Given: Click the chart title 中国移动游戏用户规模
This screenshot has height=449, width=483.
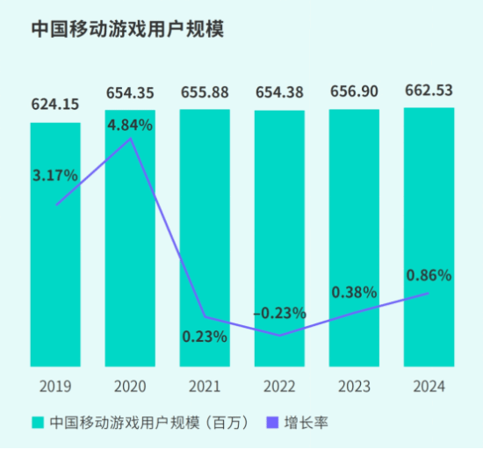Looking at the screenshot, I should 127,29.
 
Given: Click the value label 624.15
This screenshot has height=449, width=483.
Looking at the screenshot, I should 55,105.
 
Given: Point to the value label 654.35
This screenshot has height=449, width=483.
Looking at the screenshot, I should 130,92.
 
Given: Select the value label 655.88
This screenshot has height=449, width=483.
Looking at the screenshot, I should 205,92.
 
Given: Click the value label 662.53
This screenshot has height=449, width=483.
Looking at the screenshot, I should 429,91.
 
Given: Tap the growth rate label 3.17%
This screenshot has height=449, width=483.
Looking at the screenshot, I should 55,176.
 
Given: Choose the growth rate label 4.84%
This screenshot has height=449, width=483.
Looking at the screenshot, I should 130,125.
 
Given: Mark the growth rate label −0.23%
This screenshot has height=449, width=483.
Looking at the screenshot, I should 279,312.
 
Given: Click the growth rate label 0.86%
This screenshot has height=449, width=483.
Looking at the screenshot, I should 429,275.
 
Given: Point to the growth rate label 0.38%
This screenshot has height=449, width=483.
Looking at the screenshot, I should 354,292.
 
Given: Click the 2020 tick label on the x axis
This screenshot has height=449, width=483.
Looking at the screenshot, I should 130,386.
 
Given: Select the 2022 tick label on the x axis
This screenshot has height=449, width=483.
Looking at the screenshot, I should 279,386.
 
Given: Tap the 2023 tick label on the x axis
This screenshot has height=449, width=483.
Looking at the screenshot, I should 354,386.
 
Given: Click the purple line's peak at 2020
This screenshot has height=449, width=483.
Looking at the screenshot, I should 130,138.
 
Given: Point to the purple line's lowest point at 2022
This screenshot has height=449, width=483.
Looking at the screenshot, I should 279,336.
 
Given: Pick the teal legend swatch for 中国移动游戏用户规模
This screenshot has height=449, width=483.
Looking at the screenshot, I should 37,423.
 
